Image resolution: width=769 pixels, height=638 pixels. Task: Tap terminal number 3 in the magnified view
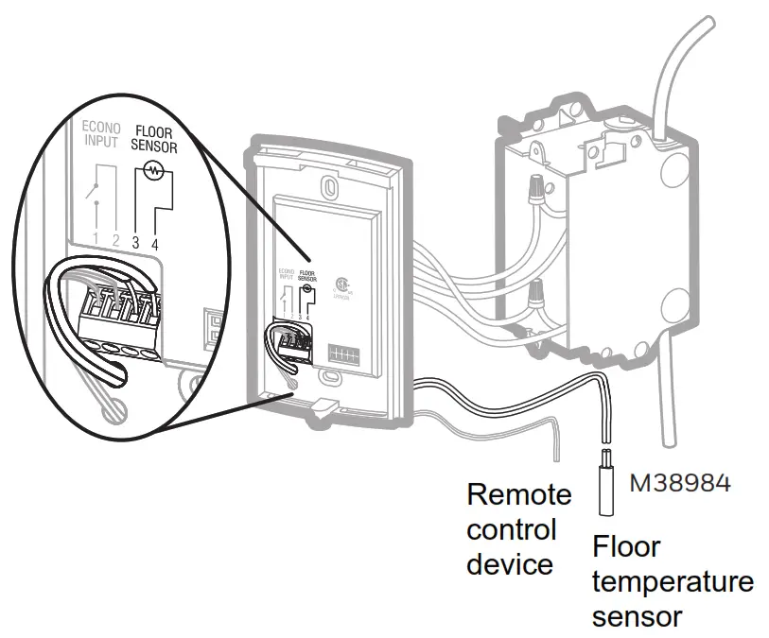point(135,242)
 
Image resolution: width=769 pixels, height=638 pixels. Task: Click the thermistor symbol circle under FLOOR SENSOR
point(149,172)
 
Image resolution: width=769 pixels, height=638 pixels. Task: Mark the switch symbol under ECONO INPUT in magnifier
point(94,194)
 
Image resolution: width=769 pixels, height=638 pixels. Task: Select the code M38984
point(680,483)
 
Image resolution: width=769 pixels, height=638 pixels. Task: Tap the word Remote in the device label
point(519,494)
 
